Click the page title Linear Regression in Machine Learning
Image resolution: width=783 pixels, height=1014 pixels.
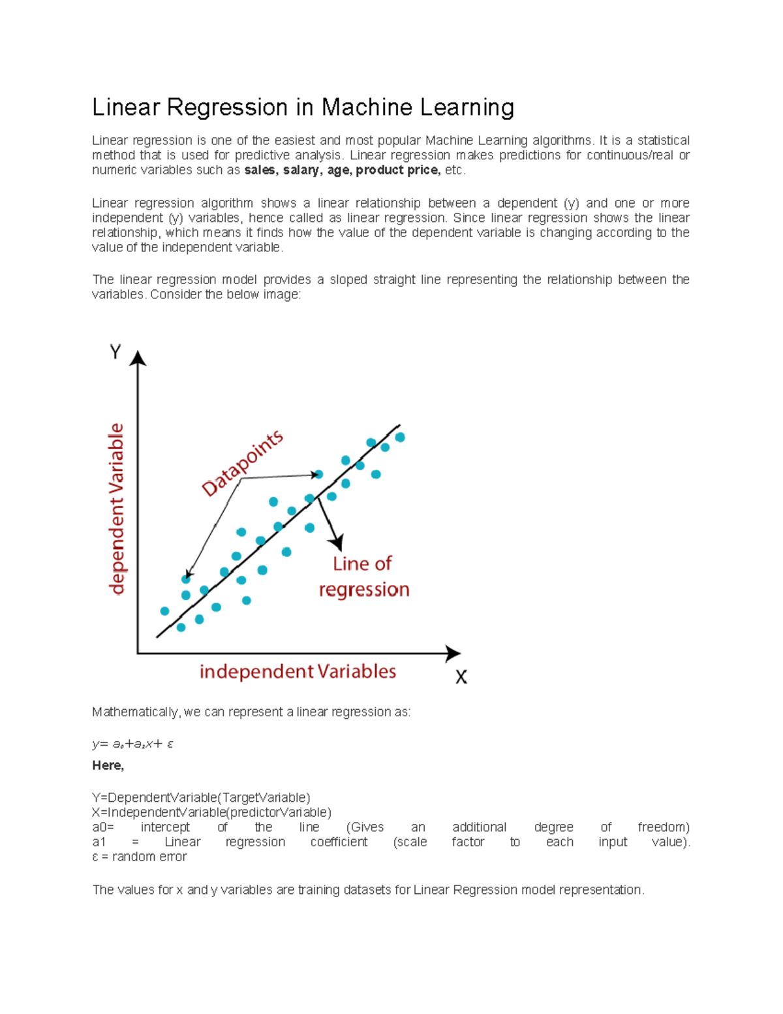click(303, 107)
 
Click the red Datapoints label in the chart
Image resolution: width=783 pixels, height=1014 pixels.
click(242, 463)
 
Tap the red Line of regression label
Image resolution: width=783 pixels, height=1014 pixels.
click(363, 577)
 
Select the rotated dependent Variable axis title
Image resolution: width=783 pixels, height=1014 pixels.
click(116, 509)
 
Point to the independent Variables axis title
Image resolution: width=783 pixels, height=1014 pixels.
click(298, 671)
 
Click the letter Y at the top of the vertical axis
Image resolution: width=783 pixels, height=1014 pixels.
click(115, 353)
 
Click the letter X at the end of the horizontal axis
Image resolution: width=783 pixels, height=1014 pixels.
click(461, 677)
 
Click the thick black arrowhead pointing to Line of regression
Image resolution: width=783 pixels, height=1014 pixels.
click(337, 542)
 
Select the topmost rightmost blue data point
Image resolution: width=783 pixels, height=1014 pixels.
click(400, 437)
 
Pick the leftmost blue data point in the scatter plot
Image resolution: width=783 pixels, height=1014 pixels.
click(164, 611)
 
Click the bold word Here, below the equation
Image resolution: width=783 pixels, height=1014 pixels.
click(108, 765)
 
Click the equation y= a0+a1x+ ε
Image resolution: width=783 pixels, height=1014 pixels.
click(132, 744)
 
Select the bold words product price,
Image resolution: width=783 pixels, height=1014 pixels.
click(398, 170)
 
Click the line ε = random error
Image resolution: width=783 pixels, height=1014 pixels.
click(139, 857)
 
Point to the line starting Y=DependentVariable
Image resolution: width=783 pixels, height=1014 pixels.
click(201, 798)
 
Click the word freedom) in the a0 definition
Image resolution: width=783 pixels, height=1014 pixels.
click(663, 827)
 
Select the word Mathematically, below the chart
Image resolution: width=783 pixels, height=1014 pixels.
click(136, 712)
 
